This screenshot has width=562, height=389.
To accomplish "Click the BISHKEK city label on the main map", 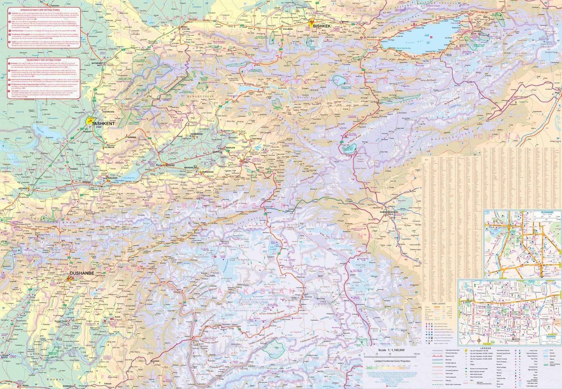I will pyautogui.click(x=322, y=26).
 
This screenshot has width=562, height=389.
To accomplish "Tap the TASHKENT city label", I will pyautogui.click(x=103, y=123).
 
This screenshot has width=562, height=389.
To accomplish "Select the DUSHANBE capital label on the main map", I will pyautogui.click(x=82, y=273).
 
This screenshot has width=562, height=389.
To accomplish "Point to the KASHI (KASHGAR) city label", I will pyautogui.click(x=389, y=212).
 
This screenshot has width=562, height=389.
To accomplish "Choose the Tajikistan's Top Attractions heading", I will pyautogui.click(x=43, y=60).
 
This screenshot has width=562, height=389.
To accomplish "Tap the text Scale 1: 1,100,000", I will pyautogui.click(x=391, y=350).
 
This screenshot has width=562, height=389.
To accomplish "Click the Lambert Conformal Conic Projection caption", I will pyautogui.click(x=392, y=361).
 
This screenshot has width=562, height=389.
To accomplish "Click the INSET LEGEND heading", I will pyautogui.click(x=438, y=303).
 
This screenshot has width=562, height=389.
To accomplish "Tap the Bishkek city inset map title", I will pyautogui.click(x=551, y=336).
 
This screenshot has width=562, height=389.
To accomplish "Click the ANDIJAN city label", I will pyautogui.click(x=230, y=148).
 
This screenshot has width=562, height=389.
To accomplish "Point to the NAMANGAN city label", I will pyautogui.click(x=196, y=134).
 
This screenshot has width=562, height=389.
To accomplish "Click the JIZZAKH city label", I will pyautogui.click(x=24, y=188).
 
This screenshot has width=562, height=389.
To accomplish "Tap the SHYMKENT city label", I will pyautogui.click(x=97, y=63).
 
